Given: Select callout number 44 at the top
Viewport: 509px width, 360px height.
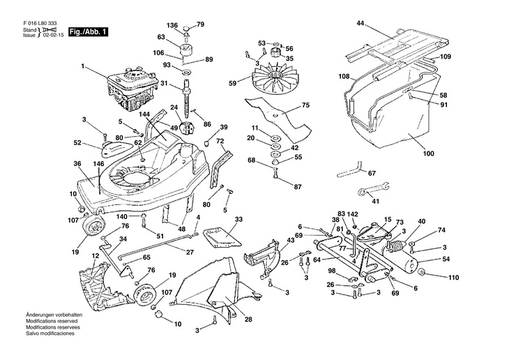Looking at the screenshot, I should point(360,24).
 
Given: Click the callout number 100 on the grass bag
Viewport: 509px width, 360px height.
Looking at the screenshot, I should point(428,153).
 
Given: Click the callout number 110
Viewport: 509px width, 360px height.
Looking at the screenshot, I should point(454,278).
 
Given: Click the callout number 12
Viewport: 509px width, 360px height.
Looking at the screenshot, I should point(94,257).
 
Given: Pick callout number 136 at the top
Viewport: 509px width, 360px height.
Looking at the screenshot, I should point(172,25).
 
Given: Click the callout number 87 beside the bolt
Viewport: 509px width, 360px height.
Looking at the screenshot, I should point(298,187).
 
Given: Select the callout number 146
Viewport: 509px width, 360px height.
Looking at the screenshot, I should point(100,163).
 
